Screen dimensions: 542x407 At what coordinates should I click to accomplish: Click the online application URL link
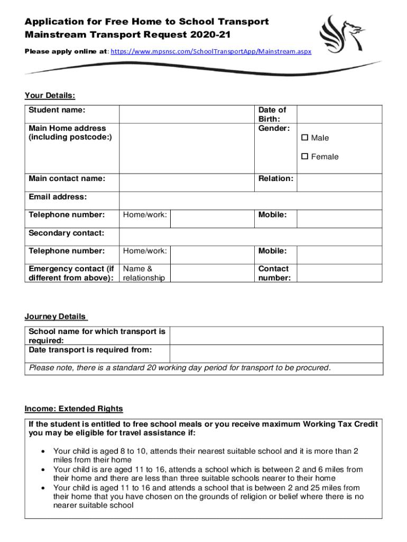pos(210,52)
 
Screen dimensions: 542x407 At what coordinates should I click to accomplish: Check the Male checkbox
pos(304,138)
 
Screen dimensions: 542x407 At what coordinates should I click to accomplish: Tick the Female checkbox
pos(304,157)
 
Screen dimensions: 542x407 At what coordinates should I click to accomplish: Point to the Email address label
pos(58,197)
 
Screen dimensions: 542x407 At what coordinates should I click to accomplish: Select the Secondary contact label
pos(66,233)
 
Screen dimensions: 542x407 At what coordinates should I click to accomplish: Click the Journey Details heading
pos(55,317)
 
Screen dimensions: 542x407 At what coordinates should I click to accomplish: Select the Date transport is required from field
pos(275,354)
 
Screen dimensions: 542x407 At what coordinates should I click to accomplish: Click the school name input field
pos(275,336)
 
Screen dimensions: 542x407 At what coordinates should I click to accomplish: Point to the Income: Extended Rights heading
pos(73,409)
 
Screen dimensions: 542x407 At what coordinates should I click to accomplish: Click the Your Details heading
pos(50,96)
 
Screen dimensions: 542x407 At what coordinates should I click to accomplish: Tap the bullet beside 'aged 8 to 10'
pos(42,451)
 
